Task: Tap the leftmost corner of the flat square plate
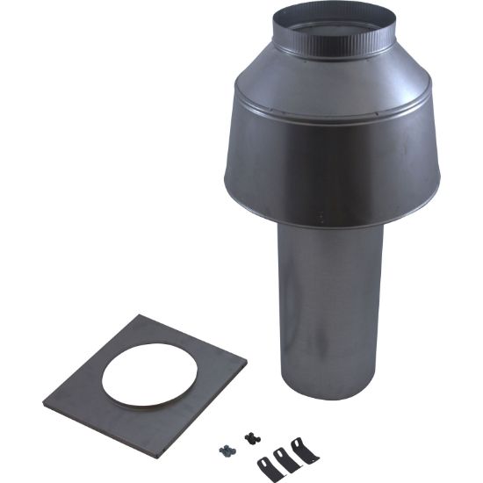click(x=43, y=403)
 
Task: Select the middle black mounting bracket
click(x=281, y=459)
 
